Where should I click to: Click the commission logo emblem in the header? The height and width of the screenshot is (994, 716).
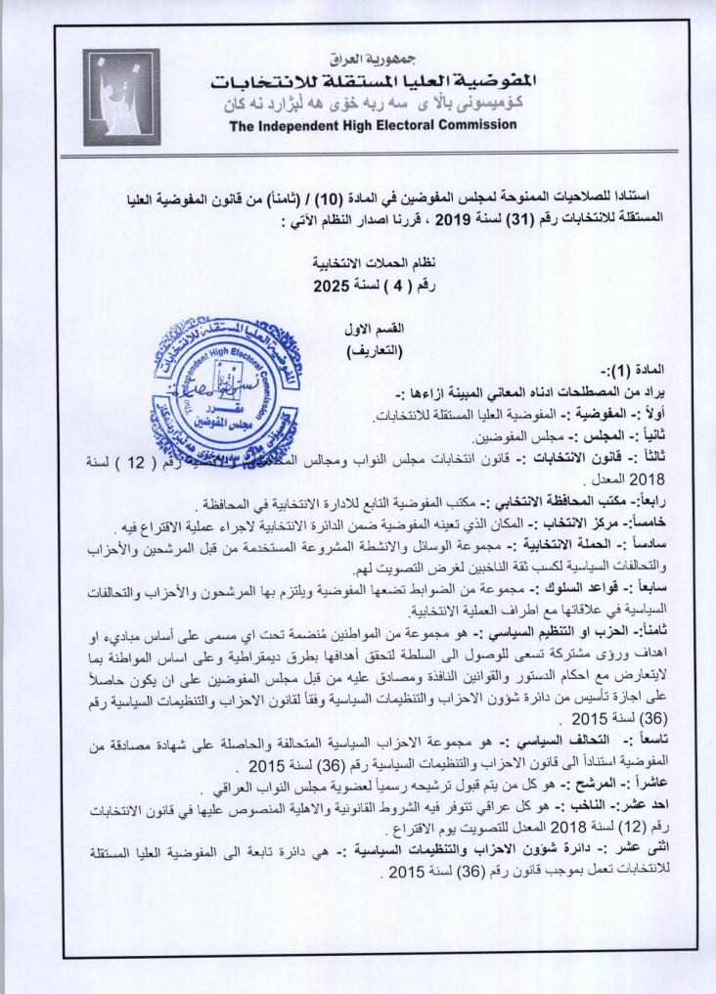121,97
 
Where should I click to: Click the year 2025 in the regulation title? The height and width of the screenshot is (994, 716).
332,287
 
